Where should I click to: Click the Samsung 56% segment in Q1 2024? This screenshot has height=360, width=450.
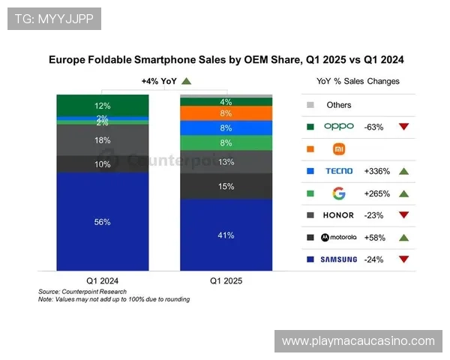[x=103, y=221]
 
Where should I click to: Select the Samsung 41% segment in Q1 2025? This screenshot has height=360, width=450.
[x=226, y=235]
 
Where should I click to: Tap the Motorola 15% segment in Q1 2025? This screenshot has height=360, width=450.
[x=226, y=186]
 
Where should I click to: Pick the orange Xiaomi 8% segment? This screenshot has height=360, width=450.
[x=226, y=113]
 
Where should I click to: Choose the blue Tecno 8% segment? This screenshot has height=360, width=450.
[x=226, y=128]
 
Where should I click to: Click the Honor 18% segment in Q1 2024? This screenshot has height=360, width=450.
[x=103, y=140]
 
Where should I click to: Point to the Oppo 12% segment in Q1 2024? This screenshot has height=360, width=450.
[x=103, y=106]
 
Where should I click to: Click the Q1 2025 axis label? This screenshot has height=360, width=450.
[x=226, y=280]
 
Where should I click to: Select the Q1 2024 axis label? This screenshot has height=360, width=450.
[x=103, y=280]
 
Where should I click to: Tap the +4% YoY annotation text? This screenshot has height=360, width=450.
[x=159, y=81]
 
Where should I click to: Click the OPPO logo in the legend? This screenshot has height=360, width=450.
[x=338, y=127]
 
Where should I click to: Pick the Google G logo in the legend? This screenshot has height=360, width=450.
[x=339, y=193]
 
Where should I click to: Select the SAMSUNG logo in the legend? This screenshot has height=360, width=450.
[x=338, y=259]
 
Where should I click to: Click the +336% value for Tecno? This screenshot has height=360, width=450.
[x=376, y=171]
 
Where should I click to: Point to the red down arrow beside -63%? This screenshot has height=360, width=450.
[x=403, y=127]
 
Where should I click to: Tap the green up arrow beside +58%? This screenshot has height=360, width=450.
[x=403, y=238]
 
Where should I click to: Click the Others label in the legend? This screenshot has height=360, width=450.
[x=339, y=105]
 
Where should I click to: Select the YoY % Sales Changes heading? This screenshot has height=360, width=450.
[x=359, y=81]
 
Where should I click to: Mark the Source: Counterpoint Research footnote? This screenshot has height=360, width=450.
[x=82, y=291]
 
